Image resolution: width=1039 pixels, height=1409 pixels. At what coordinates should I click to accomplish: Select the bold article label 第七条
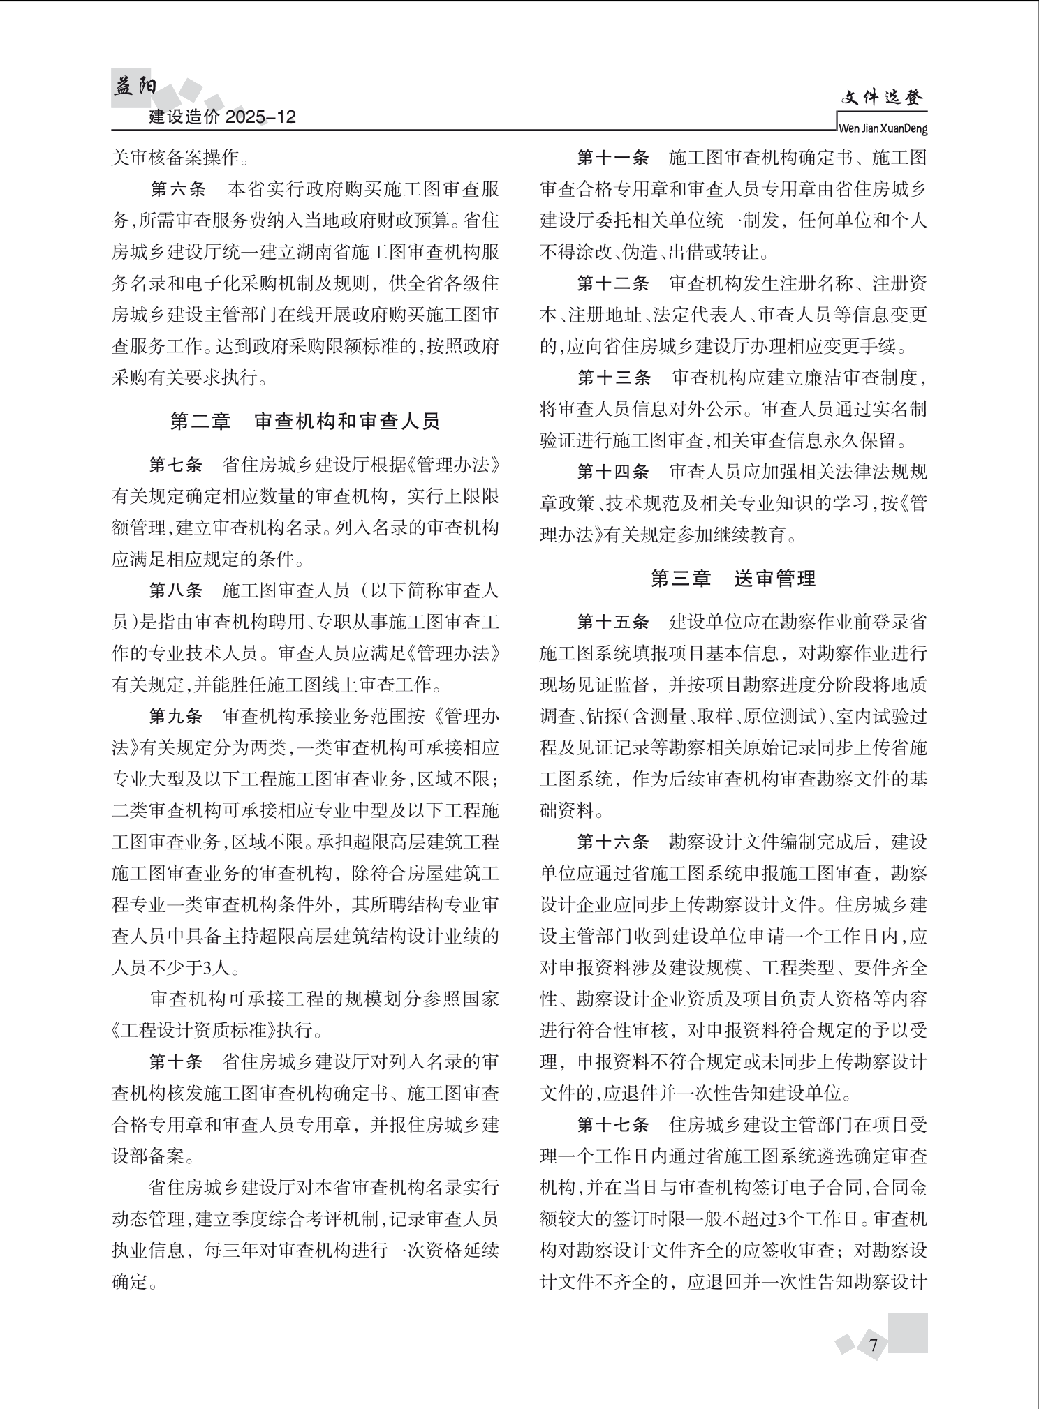click(176, 465)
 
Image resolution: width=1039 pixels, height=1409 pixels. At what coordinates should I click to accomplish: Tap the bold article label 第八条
click(176, 590)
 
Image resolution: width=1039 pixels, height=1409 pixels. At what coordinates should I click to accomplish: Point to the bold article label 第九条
click(176, 716)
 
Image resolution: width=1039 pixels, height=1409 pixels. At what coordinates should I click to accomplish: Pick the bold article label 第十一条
click(613, 158)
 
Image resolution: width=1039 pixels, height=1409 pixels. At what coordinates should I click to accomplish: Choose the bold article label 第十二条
click(613, 284)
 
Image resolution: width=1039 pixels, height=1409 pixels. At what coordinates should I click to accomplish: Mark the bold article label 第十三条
click(614, 378)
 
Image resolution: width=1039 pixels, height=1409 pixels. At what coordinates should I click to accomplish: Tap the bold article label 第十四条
click(613, 472)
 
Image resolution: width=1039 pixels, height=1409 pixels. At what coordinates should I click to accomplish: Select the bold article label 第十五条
click(613, 622)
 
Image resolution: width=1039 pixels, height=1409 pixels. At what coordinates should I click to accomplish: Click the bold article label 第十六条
click(613, 842)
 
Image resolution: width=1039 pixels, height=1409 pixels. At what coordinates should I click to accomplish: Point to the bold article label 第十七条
click(613, 1124)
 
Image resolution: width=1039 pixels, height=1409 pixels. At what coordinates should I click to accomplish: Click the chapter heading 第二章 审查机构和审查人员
click(305, 422)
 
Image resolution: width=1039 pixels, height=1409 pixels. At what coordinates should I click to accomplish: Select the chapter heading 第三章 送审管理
click(733, 579)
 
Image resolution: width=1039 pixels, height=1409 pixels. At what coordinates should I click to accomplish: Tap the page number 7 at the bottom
click(873, 1345)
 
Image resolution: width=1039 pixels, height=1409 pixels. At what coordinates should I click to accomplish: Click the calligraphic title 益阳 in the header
click(135, 87)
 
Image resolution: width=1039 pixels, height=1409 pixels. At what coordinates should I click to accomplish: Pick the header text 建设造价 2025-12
click(223, 117)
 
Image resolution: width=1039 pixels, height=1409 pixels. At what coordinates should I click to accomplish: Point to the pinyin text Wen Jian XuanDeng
click(882, 129)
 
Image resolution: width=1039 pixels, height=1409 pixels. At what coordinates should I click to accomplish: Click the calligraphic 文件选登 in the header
click(882, 99)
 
